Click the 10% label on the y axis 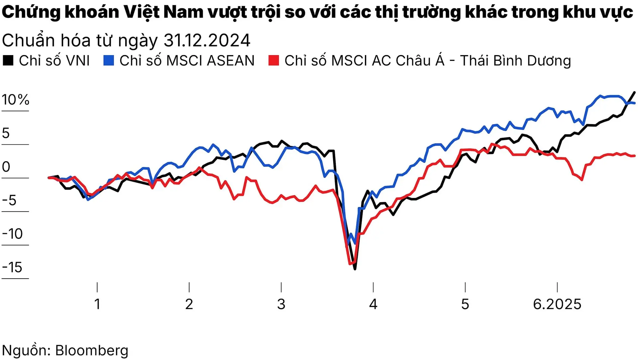coord(15,100)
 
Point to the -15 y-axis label coord(12,267)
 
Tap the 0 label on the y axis coord(6,167)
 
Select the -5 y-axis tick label coord(9,200)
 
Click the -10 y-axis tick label coord(12,234)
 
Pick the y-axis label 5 coord(6,133)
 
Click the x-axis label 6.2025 coord(557,304)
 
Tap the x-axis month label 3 coord(281,304)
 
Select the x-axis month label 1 coord(97,304)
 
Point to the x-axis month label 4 coord(373,304)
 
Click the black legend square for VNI coord(8,60)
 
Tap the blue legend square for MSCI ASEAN coord(109,60)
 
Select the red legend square coord(273,60)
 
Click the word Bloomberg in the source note coord(92,350)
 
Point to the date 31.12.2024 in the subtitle coord(207,41)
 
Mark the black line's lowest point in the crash coord(355,269)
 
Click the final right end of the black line coord(635,92)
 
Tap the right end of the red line coord(635,156)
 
